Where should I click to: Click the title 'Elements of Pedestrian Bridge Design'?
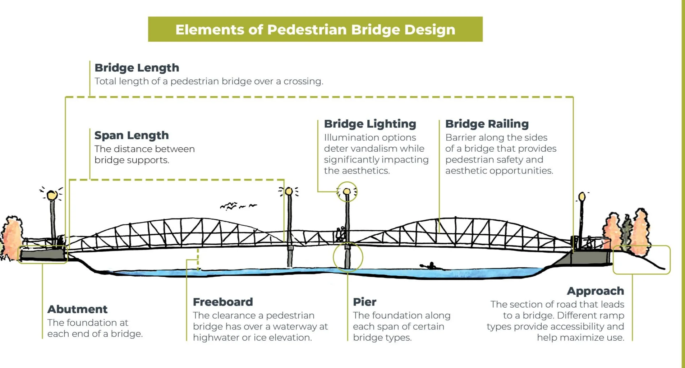[315, 29]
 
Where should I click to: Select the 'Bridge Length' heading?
[137, 68]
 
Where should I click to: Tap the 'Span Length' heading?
[131, 135]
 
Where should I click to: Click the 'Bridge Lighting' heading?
[370, 124]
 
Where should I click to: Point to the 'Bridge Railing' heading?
[487, 124]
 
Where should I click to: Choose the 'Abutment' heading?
[77, 309]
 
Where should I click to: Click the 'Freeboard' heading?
[223, 302]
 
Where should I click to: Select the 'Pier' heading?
[364, 302]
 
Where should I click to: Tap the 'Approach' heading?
[595, 291]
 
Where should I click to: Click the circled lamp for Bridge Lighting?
[347, 192]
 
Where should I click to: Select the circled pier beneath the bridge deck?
[348, 257]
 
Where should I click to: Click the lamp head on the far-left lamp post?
[52, 195]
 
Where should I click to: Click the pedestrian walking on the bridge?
[340, 234]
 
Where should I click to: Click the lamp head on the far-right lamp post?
[582, 196]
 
